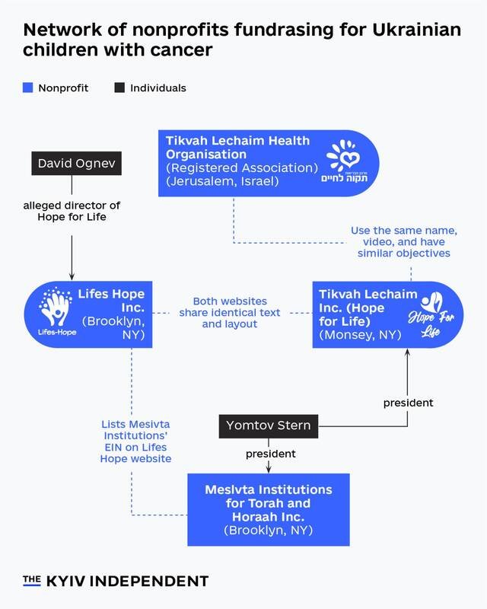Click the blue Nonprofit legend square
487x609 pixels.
[x=27, y=88]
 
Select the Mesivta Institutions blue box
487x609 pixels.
[x=268, y=509]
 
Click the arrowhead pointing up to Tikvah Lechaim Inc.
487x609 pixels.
[x=408, y=355]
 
